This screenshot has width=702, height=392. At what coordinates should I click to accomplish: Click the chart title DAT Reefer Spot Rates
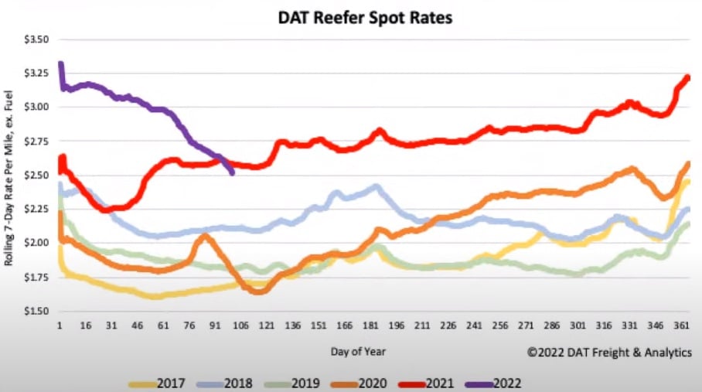tap(366, 18)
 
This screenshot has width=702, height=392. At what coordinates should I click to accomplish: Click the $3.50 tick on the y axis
tap(36, 39)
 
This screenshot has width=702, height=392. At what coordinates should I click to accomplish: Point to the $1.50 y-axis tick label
tap(36, 311)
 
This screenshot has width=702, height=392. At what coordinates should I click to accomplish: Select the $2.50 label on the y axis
tap(36, 175)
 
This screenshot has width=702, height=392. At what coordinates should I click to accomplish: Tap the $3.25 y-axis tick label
tap(36, 73)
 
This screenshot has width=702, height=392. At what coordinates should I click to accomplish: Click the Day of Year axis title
tap(359, 351)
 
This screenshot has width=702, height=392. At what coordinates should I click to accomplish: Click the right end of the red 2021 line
tap(688, 77)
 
